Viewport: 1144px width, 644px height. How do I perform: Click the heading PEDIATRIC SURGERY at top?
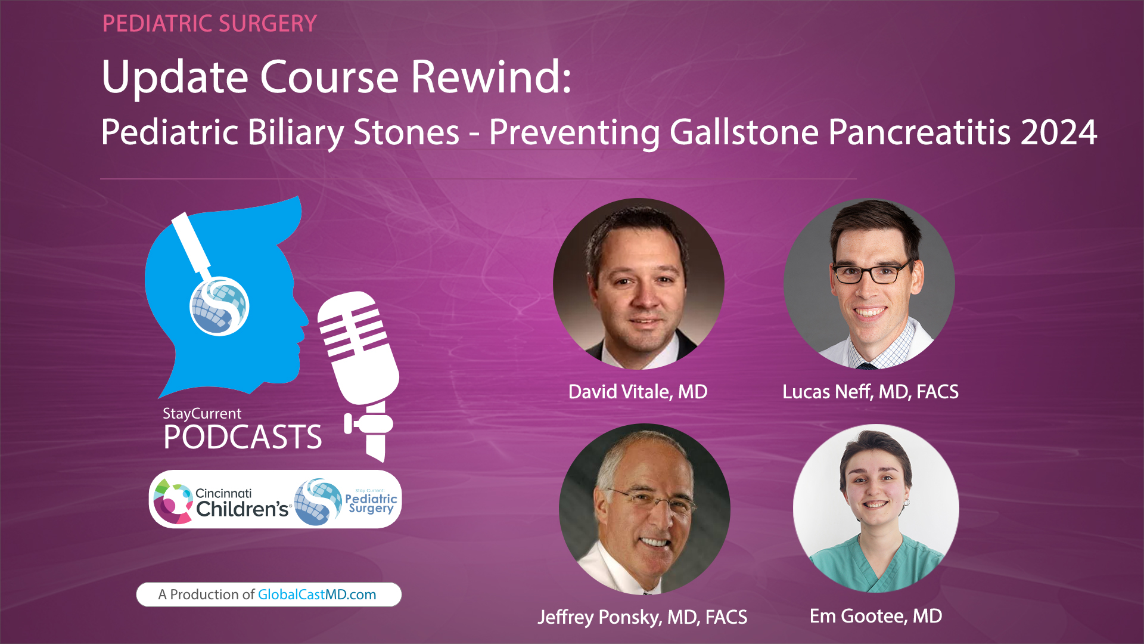click(209, 24)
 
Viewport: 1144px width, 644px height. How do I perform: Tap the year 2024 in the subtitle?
click(1059, 132)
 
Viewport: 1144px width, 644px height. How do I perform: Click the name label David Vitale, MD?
click(638, 392)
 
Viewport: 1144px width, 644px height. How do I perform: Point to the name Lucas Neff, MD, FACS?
click(870, 392)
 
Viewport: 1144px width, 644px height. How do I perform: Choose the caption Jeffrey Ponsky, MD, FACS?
click(642, 617)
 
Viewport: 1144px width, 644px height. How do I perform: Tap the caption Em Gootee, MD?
click(875, 616)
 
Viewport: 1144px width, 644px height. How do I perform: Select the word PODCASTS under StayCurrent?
click(243, 437)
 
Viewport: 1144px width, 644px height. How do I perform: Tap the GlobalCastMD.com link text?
click(316, 595)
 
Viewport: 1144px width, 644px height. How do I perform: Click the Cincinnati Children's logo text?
click(241, 502)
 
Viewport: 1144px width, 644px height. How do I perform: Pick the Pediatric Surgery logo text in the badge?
click(371, 503)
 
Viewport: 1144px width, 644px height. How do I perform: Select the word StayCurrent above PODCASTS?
click(202, 413)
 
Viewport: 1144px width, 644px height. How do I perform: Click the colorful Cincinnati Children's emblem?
click(172, 501)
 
